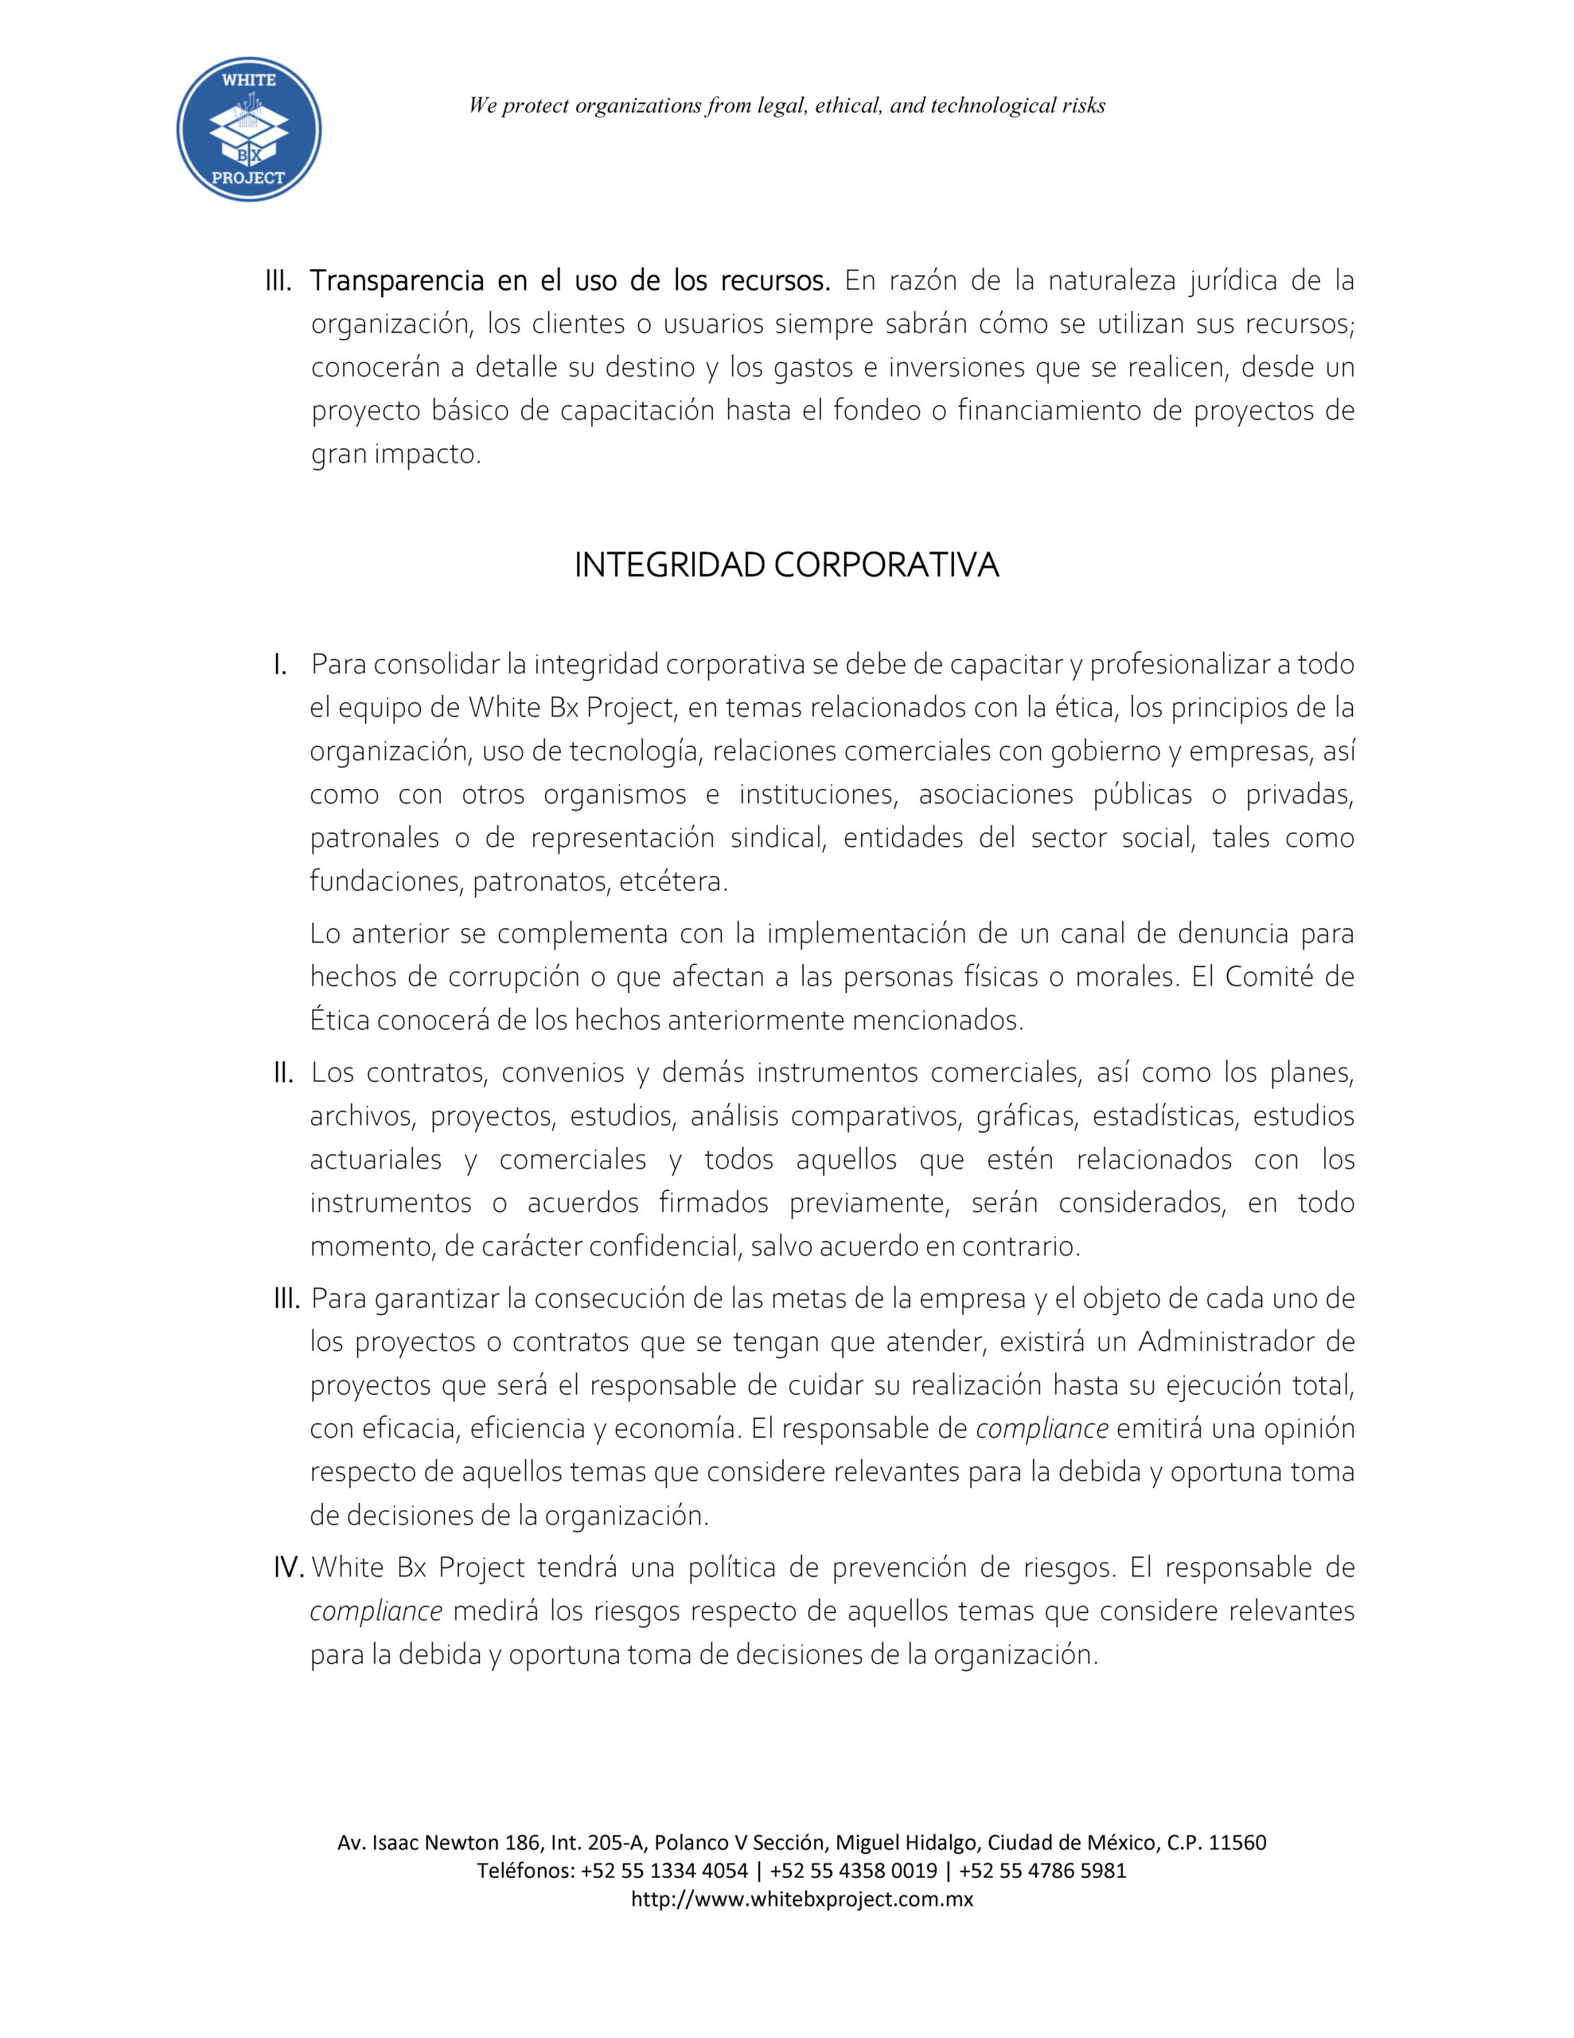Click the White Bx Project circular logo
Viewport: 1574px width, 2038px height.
(249, 130)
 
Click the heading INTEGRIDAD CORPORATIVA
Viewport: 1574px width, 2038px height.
(785, 565)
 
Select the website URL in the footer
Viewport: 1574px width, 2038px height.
(801, 1899)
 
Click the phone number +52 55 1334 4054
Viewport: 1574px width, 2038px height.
(664, 1870)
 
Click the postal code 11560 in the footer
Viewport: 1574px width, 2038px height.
(1237, 1842)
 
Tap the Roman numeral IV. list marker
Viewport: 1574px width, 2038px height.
(288, 1568)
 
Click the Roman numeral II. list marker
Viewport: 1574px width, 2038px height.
(283, 1073)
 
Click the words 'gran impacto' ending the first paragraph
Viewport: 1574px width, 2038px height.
(395, 455)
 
